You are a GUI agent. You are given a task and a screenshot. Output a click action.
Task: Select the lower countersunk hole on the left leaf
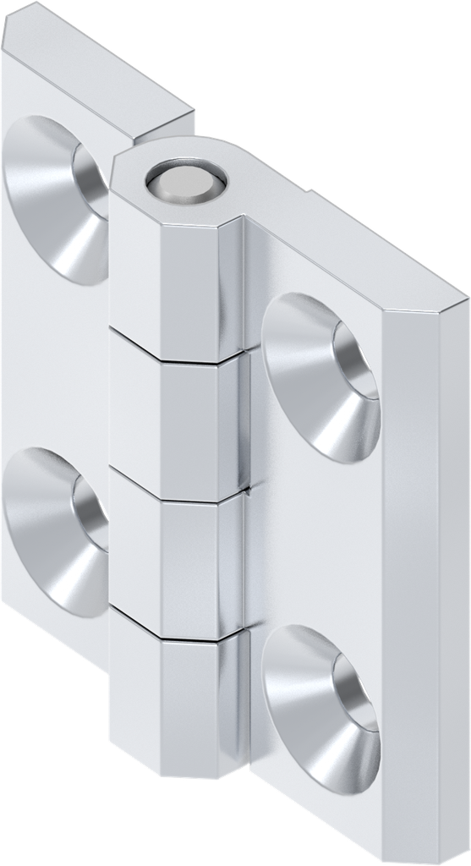pos(58,531)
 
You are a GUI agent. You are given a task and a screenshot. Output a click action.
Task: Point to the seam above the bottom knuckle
pos(178,633)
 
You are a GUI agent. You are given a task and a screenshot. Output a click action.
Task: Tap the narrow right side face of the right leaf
pos(423,592)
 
